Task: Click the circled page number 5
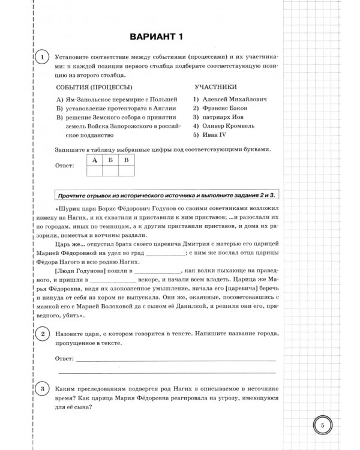coord(322,425)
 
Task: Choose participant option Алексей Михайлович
coord(229,98)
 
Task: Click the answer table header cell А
coord(95,160)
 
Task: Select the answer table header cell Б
coord(110,160)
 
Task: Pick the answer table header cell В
coord(126,160)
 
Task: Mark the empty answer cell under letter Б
coord(110,170)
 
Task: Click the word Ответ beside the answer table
coord(65,165)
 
